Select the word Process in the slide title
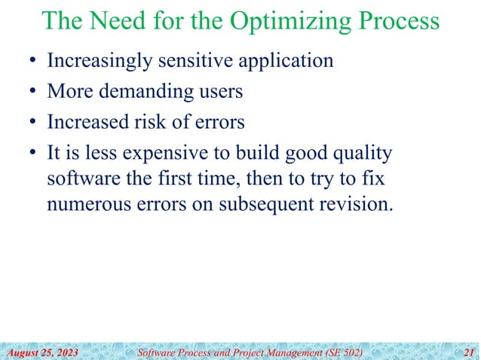click(x=394, y=22)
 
